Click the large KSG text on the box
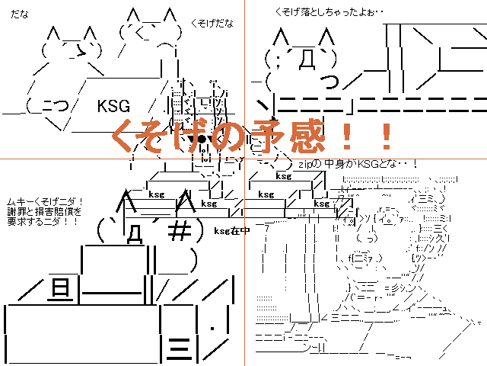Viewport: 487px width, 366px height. click(114, 106)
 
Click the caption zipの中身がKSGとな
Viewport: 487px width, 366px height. click(358, 164)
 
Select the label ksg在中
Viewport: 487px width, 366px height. click(231, 230)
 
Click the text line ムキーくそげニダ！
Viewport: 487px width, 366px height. click(45, 201)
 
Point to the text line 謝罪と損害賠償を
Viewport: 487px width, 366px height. click(45, 212)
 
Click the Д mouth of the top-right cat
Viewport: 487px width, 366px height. click(307, 59)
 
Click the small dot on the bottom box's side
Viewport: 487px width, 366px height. click(214, 329)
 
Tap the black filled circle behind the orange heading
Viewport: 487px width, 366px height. click(200, 140)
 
